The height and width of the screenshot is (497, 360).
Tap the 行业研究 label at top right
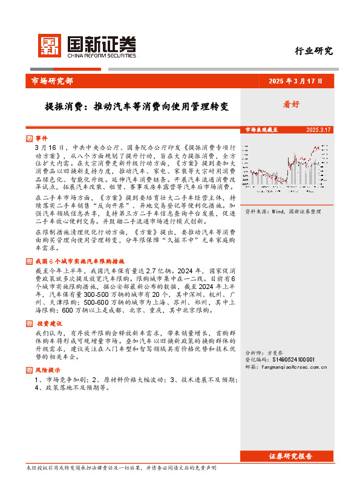coord(313,51)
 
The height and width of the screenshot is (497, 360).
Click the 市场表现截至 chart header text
coord(261,130)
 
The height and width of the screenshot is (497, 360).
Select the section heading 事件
coord(41,138)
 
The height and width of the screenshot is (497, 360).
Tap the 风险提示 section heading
coord(44,369)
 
